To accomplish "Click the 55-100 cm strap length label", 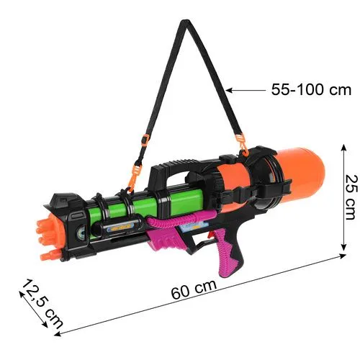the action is pos(311,90).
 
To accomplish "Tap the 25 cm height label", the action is pos(351,197).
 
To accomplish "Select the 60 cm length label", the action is pos(194,289).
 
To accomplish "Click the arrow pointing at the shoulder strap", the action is pos(246,90).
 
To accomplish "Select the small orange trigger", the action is pos(210,235).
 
